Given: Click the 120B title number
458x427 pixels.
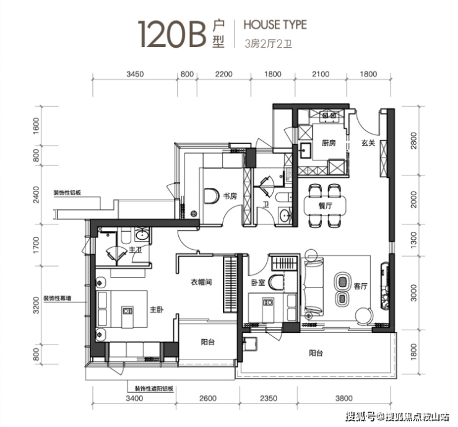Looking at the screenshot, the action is click(172, 34).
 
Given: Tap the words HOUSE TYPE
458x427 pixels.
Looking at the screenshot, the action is click(275, 25).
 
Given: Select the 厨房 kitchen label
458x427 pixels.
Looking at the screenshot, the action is click(329, 143).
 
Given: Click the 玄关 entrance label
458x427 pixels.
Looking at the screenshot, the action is click(368, 143).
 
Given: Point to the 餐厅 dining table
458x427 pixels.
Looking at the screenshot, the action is click(325, 205).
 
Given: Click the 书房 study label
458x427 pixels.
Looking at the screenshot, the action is click(230, 196).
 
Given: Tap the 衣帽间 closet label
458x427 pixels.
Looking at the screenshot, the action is click(201, 282).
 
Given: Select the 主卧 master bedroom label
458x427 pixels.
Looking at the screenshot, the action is click(157, 309).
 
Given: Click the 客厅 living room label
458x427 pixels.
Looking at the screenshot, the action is click(360, 286).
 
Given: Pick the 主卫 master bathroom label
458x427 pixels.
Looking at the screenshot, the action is click(136, 250).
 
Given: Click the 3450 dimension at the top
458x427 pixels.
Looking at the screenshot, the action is click(135, 74).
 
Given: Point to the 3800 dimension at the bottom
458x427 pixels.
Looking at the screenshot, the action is click(343, 398).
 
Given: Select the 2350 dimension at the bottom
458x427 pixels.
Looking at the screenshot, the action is click(269, 398).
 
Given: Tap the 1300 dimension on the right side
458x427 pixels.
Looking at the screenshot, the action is click(413, 240).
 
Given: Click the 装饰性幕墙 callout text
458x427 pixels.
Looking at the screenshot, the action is click(57, 298).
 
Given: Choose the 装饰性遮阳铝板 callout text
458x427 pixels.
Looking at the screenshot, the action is click(154, 389).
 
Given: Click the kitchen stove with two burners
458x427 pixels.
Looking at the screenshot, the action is click(329, 115).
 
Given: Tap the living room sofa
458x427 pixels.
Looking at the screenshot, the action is click(313, 286).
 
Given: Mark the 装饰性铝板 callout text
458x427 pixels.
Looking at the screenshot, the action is click(67, 193).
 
